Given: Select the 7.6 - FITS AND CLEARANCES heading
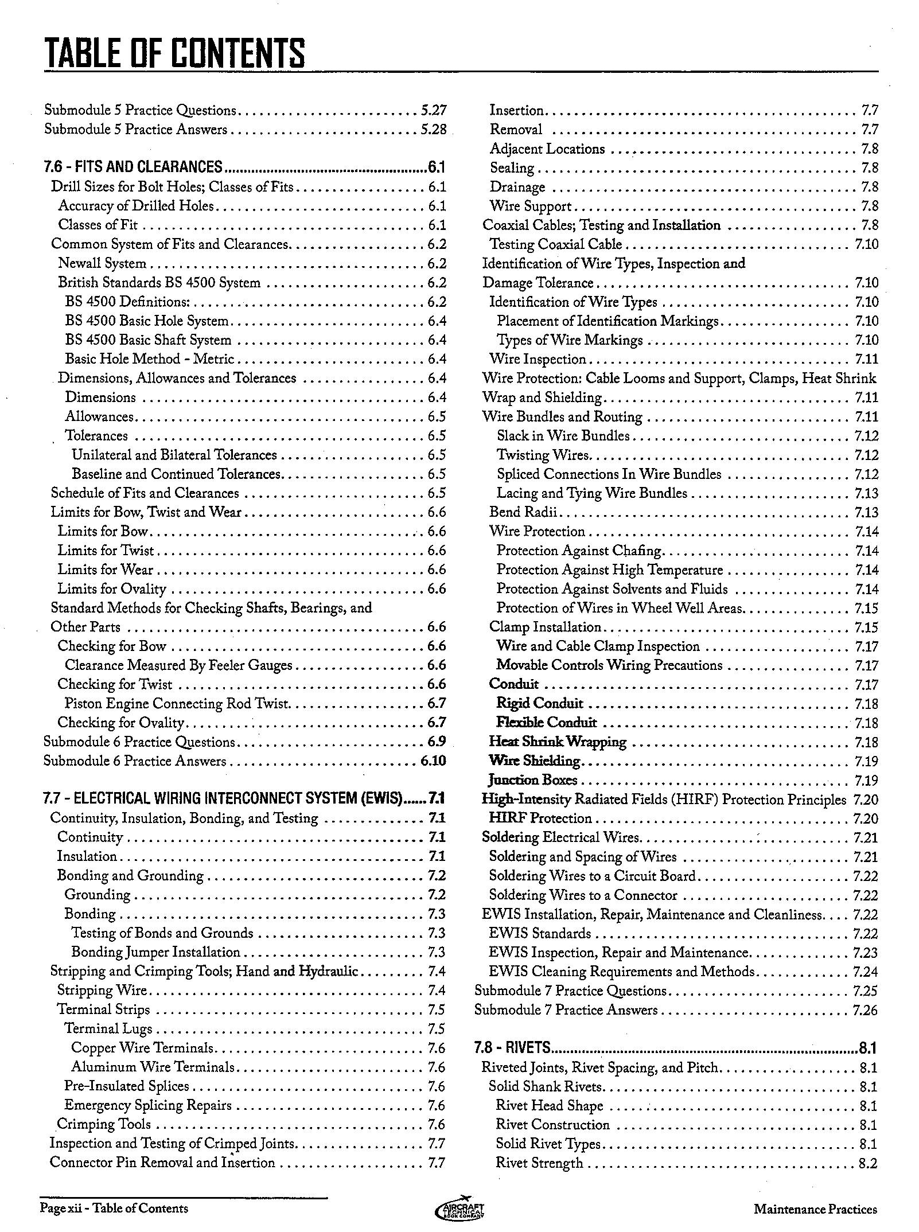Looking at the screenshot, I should [133, 167].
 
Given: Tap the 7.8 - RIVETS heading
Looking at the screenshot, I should [512, 1048].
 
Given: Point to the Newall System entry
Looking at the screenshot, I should [102, 263].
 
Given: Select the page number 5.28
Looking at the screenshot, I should [433, 129].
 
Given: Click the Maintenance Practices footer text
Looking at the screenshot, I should [815, 1208].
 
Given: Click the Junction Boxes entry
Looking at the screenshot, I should [533, 780].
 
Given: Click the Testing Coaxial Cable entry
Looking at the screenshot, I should [555, 244].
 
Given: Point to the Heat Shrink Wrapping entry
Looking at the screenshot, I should [557, 742].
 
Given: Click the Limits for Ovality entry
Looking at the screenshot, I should [111, 588].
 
